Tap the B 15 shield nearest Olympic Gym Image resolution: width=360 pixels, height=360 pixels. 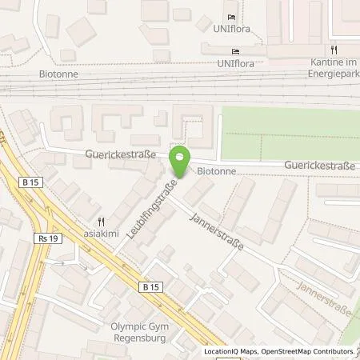pyautogui.click(x=150, y=286)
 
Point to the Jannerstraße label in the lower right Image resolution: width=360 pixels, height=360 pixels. pyautogui.click(x=323, y=297)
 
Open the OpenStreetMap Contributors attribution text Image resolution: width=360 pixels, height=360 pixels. pyautogui.click(x=309, y=351)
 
